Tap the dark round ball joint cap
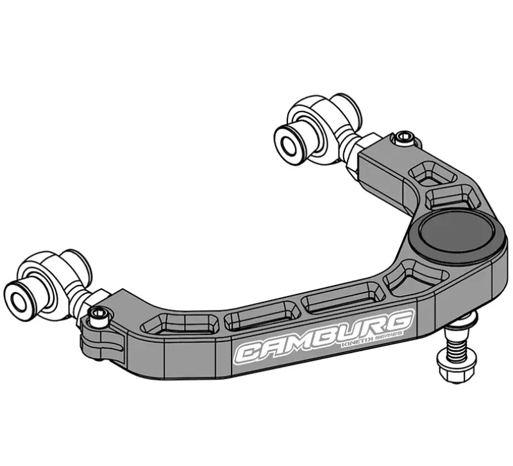[x=457, y=231]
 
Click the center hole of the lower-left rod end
[x=17, y=297]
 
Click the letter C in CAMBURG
[x=250, y=352]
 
